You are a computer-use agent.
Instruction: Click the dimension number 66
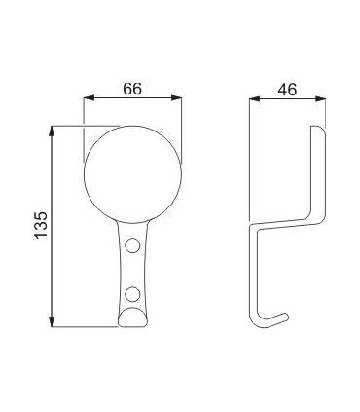tap(132, 89)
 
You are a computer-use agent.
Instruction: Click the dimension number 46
tap(287, 90)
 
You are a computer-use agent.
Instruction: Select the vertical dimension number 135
tap(41, 226)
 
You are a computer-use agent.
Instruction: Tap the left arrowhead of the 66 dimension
tap(89, 98)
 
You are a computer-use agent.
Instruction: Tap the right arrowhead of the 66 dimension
tap(176, 98)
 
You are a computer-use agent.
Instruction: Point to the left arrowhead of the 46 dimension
tap(255, 98)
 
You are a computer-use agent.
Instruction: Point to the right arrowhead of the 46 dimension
tap(320, 98)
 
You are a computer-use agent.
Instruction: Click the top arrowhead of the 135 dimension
tap(52, 131)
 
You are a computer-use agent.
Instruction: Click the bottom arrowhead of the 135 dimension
tap(52, 321)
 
